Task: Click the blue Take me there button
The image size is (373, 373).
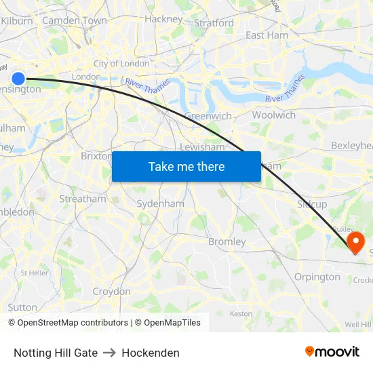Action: click(x=186, y=167)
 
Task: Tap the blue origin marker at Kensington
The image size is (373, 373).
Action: click(x=18, y=79)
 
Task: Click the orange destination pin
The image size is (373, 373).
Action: click(x=355, y=241)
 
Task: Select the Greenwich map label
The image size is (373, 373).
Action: click(x=208, y=116)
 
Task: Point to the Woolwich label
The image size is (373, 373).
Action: click(x=273, y=115)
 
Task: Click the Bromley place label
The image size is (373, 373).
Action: click(x=227, y=241)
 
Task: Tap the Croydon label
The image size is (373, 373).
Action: click(x=111, y=292)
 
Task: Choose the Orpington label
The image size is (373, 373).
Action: click(x=317, y=277)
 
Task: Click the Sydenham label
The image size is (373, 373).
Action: click(x=160, y=203)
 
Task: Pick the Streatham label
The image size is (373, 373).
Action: click(x=83, y=199)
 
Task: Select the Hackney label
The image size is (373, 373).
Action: click(x=163, y=19)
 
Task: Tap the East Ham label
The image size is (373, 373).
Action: click(x=267, y=35)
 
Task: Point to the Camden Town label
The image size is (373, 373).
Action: click(x=75, y=20)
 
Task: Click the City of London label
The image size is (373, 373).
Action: click(x=121, y=63)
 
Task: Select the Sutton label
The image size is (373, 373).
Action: click(x=22, y=307)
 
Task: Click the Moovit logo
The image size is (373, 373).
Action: click(x=332, y=352)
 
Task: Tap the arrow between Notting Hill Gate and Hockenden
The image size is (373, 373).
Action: click(x=110, y=353)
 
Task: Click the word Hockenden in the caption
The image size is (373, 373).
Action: click(x=151, y=353)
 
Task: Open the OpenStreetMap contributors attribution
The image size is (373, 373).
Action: click(x=73, y=323)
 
